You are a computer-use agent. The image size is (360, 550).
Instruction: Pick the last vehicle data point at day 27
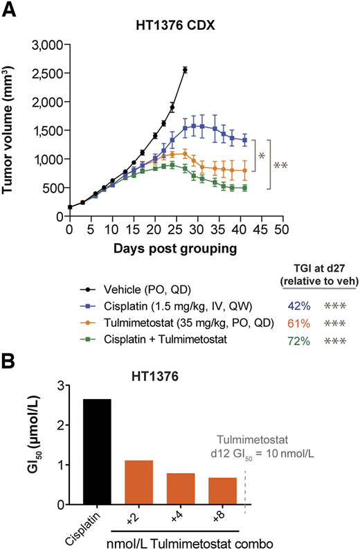coord(185,69)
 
